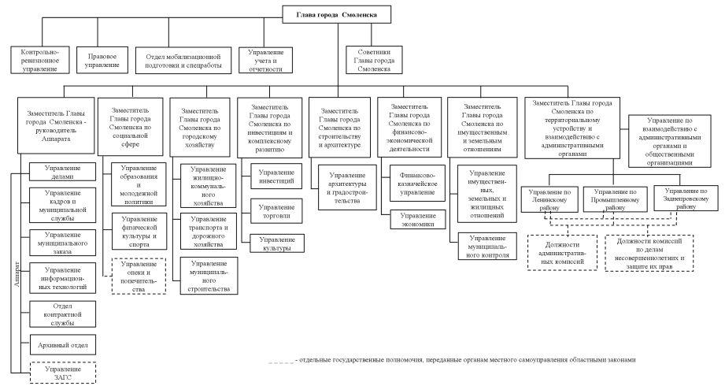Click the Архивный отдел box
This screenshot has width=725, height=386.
tap(62, 344)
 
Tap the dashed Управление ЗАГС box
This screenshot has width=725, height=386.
tap(62, 372)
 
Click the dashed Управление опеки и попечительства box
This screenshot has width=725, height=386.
tap(139, 277)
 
